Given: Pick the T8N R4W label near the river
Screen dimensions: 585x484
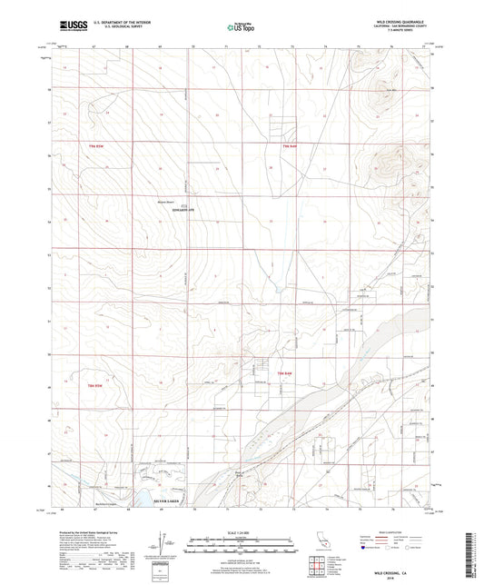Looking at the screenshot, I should (285, 374).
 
